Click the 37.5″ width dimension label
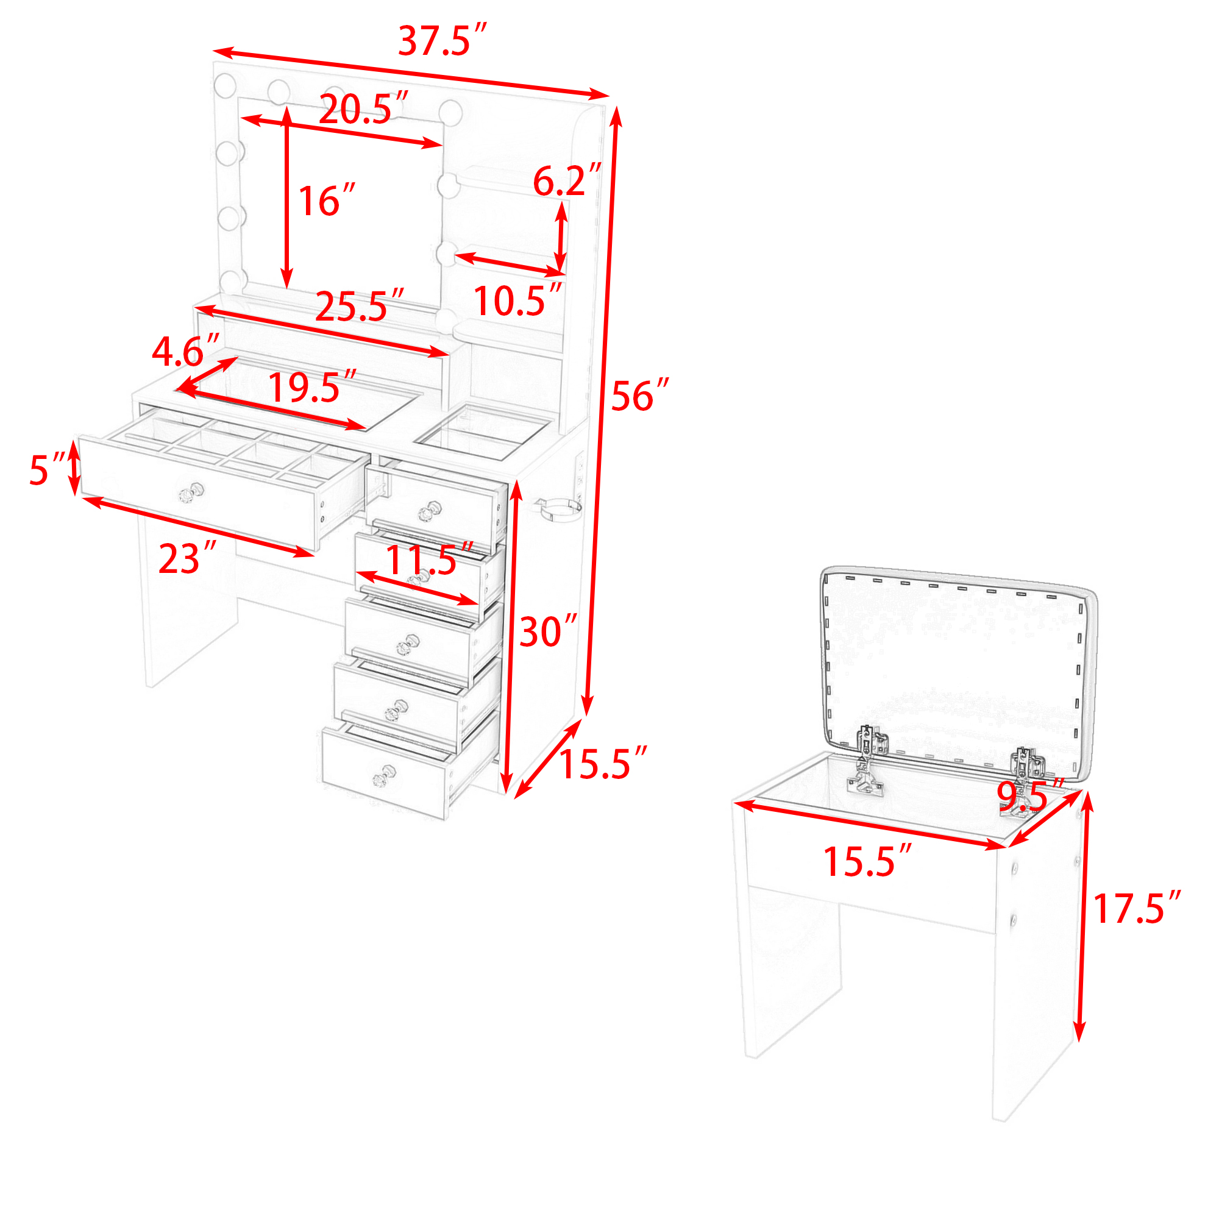442,40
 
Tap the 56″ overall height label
639,396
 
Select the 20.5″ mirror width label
363,108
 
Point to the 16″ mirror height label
326,201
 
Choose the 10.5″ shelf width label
517,300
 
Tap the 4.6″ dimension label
185,351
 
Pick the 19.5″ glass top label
312,387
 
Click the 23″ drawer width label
187,558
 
